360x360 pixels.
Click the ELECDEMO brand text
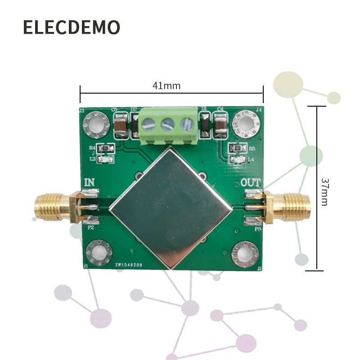point(72,27)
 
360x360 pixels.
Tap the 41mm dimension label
point(166,85)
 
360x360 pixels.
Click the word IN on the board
point(90,183)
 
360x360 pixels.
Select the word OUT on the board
point(250,183)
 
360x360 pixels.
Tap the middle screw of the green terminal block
point(168,124)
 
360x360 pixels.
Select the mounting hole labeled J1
point(99,252)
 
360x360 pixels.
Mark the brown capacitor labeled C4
point(220,125)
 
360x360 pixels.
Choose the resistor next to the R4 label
point(106,148)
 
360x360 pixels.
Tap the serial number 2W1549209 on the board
point(129,265)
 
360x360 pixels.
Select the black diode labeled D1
point(205,125)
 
